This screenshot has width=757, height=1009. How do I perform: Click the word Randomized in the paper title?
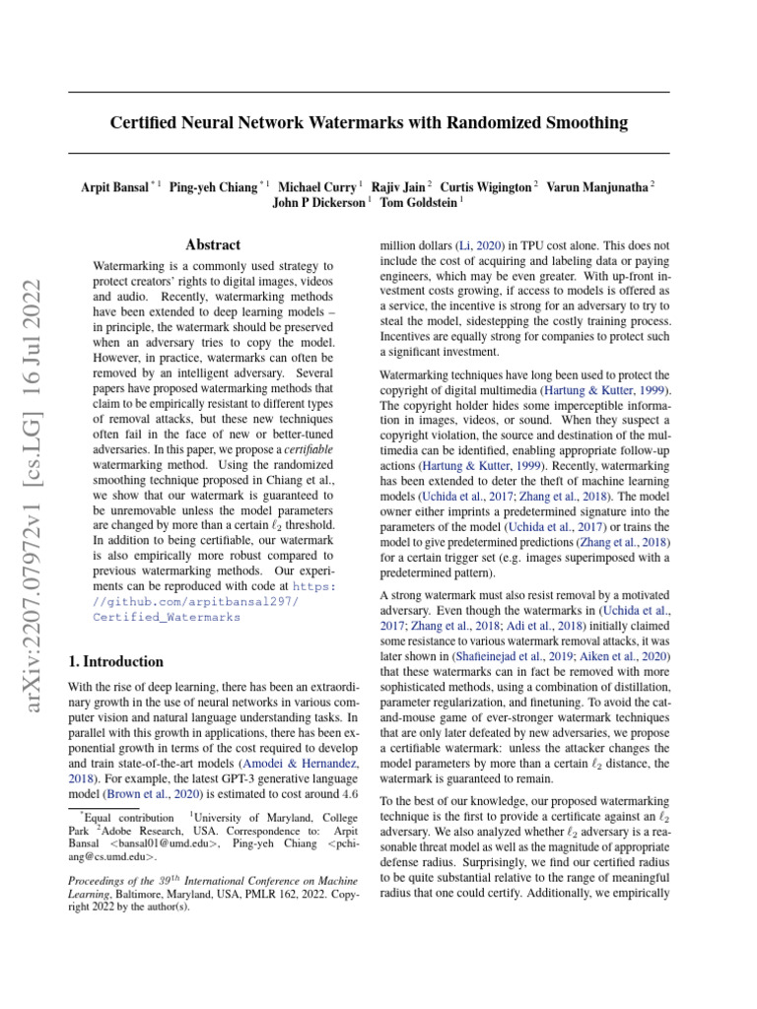(477, 123)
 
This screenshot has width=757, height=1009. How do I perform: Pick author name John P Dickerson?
(318, 202)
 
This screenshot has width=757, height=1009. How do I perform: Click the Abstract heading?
(213, 244)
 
